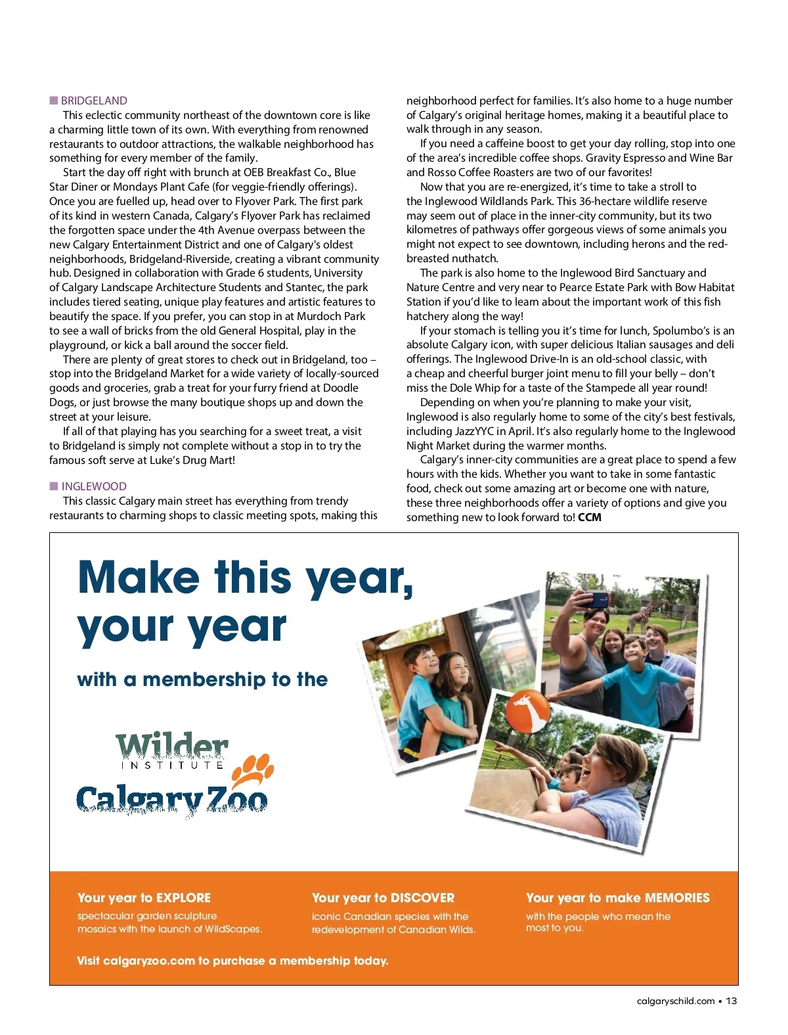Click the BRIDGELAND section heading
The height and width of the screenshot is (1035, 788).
tap(94, 101)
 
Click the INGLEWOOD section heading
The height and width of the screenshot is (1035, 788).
tap(94, 486)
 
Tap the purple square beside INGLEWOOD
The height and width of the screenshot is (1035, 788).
tap(54, 486)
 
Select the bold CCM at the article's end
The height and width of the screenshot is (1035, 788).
tap(590, 517)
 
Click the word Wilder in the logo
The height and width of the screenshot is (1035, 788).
tap(172, 746)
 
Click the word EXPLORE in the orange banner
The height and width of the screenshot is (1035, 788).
tap(183, 898)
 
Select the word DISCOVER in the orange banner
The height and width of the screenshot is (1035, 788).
tap(422, 898)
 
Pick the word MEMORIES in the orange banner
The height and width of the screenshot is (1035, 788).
tap(677, 898)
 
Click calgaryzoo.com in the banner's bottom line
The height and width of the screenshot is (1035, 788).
tap(149, 961)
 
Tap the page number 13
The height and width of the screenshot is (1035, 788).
tap(731, 1001)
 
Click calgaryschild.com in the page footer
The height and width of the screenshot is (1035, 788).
tap(676, 1001)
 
